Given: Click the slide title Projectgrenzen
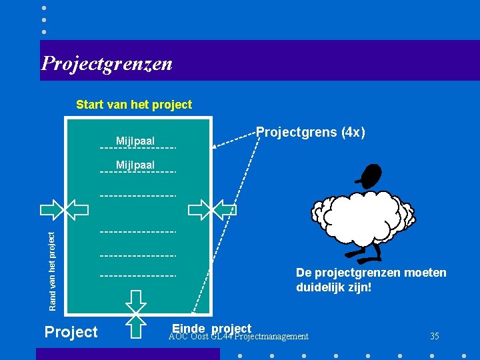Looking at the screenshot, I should pyautogui.click(x=107, y=63).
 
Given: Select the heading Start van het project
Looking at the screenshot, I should pyautogui.click(x=134, y=105).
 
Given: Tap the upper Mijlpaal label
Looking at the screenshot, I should pyautogui.click(x=135, y=141).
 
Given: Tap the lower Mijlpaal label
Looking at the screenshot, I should pyautogui.click(x=135, y=165).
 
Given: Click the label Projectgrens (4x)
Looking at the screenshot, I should pyautogui.click(x=311, y=133).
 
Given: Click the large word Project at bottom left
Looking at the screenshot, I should pyautogui.click(x=71, y=331).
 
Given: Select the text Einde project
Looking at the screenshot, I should pyautogui.click(x=211, y=328).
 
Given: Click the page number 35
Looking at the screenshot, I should pyautogui.click(x=435, y=336).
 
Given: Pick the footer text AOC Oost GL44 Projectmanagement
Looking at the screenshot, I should pyautogui.click(x=239, y=337).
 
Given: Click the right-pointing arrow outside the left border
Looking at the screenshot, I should pyautogui.click(x=50, y=209).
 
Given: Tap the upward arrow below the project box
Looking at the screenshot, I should pyautogui.click(x=136, y=327).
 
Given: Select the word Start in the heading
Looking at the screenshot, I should pyautogui.click(x=90, y=105).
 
